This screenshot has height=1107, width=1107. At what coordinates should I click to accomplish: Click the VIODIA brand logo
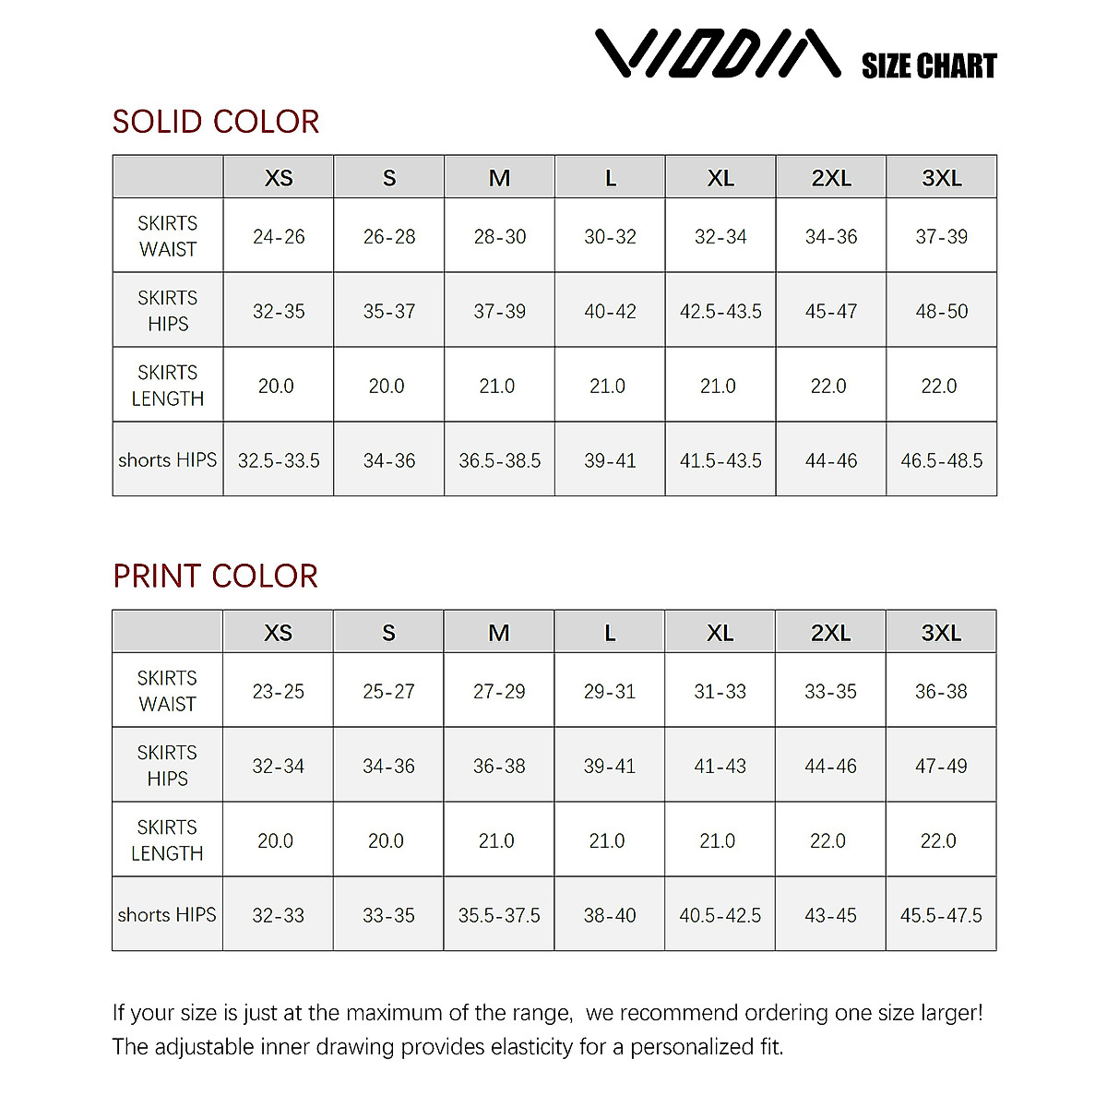pyautogui.click(x=717, y=54)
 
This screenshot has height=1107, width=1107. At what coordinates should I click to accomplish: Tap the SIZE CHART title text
pyautogui.click(x=929, y=66)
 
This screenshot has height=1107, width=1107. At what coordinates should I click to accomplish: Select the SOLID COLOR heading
pyautogui.click(x=216, y=122)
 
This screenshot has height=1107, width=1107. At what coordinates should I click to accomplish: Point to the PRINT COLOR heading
pyautogui.click(x=215, y=577)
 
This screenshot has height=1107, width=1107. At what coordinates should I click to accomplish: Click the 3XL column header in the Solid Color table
pyautogui.click(x=941, y=178)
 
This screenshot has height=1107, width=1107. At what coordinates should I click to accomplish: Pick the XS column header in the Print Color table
pyautogui.click(x=278, y=633)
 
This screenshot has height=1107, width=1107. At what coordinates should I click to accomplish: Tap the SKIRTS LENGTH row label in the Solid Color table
pyautogui.click(x=168, y=386)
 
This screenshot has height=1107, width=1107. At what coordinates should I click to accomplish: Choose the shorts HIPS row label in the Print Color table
pyautogui.click(x=167, y=915)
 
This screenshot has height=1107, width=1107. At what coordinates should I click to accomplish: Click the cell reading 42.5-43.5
pyautogui.click(x=720, y=312)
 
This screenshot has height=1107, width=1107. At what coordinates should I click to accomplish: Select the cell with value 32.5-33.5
pyautogui.click(x=279, y=460)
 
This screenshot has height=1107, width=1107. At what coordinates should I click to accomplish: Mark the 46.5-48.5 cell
pyautogui.click(x=941, y=460)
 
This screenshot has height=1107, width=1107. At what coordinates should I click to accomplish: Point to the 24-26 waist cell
pyautogui.click(x=279, y=237)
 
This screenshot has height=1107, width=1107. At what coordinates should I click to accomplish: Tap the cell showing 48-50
pyautogui.click(x=941, y=312)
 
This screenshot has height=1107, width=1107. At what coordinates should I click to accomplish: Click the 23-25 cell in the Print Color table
pyautogui.click(x=278, y=692)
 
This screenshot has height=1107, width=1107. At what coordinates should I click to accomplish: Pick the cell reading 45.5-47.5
pyautogui.click(x=941, y=915)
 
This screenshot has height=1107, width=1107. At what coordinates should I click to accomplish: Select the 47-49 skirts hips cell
pyautogui.click(x=941, y=767)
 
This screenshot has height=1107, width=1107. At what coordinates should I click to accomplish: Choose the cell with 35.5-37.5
pyautogui.click(x=499, y=915)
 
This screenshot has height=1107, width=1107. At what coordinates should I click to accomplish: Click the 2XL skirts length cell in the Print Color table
pyautogui.click(x=828, y=841)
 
